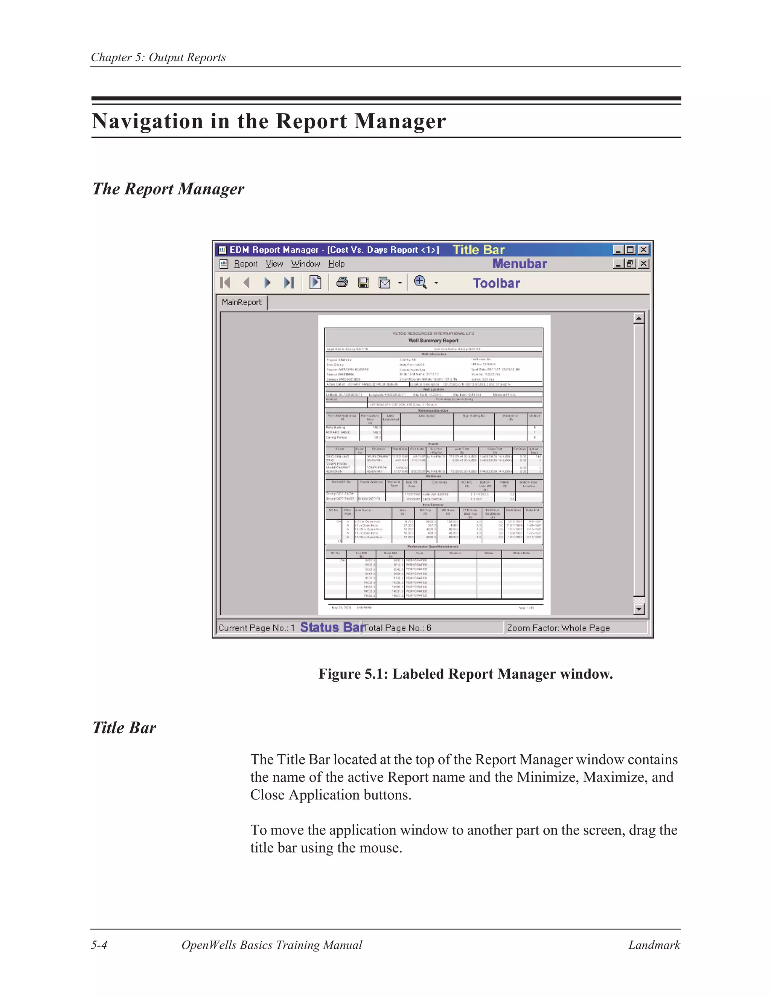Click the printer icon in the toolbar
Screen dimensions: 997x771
click(x=342, y=283)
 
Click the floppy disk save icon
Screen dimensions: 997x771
click(x=364, y=283)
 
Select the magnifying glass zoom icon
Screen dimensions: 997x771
click(x=420, y=283)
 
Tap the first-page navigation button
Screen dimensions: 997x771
click(x=225, y=283)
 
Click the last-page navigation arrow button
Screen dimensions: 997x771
click(x=289, y=283)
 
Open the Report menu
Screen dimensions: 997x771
click(x=246, y=264)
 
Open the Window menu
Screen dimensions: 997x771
click(x=306, y=264)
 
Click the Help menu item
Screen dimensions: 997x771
click(x=337, y=264)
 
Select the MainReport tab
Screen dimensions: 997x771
click(x=242, y=302)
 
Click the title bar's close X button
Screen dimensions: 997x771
click(x=643, y=250)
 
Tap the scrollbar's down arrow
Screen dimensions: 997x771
click(x=639, y=609)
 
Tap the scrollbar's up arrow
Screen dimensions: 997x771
click(x=639, y=318)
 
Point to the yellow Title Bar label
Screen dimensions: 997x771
click(x=479, y=250)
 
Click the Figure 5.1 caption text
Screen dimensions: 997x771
click(x=465, y=674)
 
